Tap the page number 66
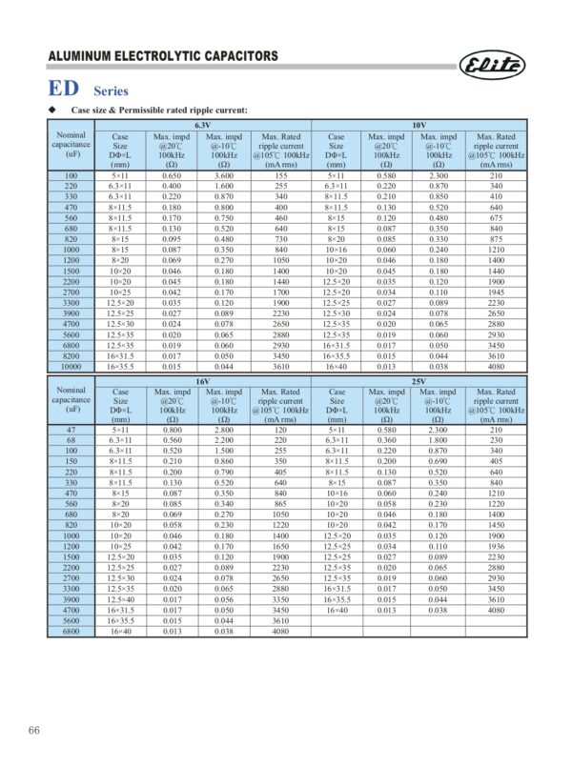pyautogui.click(x=33, y=731)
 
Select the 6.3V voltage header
pyautogui.click(x=203, y=126)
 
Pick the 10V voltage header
pyautogui.click(x=419, y=126)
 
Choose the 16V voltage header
pyautogui.click(x=203, y=380)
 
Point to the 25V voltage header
pyautogui.click(x=419, y=380)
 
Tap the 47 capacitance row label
pyautogui.click(x=71, y=431)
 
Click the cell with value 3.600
pyautogui.click(x=225, y=176)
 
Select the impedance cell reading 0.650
pyautogui.click(x=172, y=176)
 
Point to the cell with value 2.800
pyautogui.click(x=225, y=431)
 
